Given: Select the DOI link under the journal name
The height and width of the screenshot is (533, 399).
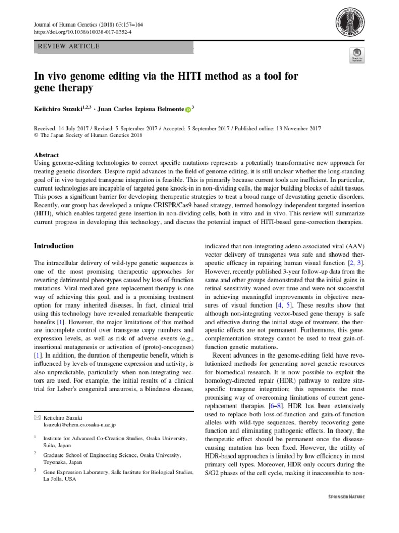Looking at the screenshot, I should pyautogui.click(x=83, y=32).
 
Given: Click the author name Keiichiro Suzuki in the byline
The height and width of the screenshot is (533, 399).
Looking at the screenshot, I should pyautogui.click(x=57, y=109).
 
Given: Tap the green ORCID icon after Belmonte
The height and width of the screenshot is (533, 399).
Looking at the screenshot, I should pyautogui.click(x=188, y=110).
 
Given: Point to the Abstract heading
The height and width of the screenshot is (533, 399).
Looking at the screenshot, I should pyautogui.click(x=46, y=155).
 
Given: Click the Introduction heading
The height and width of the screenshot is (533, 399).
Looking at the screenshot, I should pyautogui.click(x=54, y=246).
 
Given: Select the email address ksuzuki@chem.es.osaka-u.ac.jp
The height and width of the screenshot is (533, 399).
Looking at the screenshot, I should pyautogui.click(x=79, y=425).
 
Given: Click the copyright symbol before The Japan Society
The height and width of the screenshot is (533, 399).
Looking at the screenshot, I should pyautogui.click(x=36, y=136).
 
